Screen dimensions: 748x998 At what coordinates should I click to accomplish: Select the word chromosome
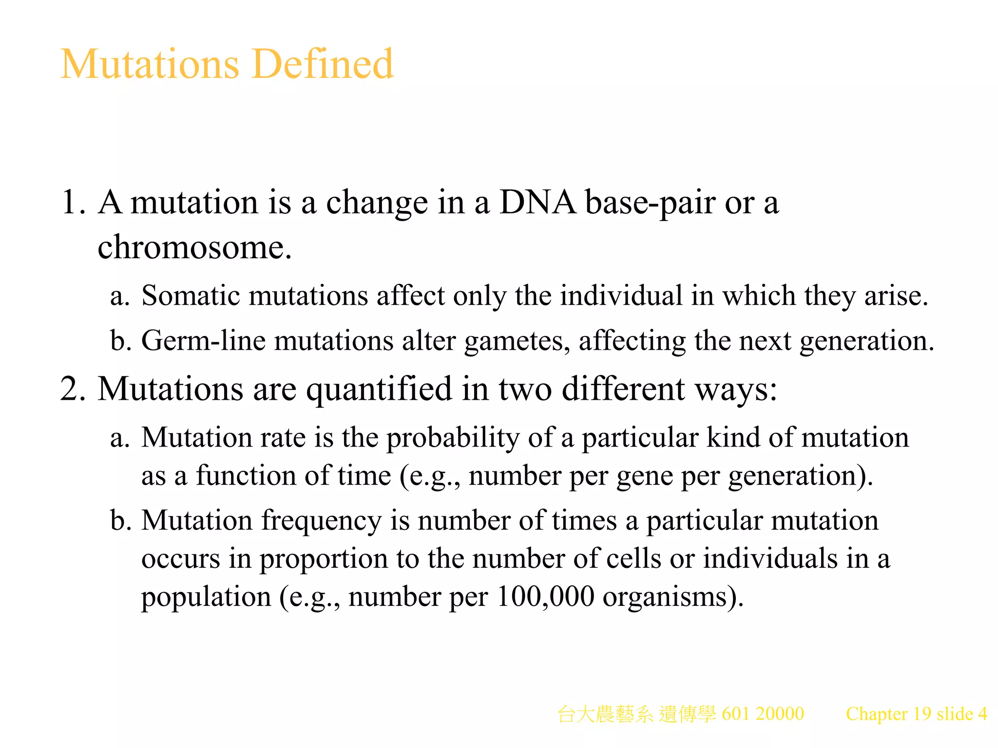[x=194, y=247]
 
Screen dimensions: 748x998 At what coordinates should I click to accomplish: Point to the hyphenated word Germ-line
[x=203, y=340]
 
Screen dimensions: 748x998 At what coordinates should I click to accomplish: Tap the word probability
[x=453, y=438]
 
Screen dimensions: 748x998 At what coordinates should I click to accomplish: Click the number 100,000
[x=546, y=597]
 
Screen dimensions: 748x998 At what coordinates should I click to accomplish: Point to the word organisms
[x=672, y=598]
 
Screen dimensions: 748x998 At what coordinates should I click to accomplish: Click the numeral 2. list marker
[x=74, y=389]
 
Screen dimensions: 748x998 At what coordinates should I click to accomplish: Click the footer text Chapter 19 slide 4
[x=916, y=714]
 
